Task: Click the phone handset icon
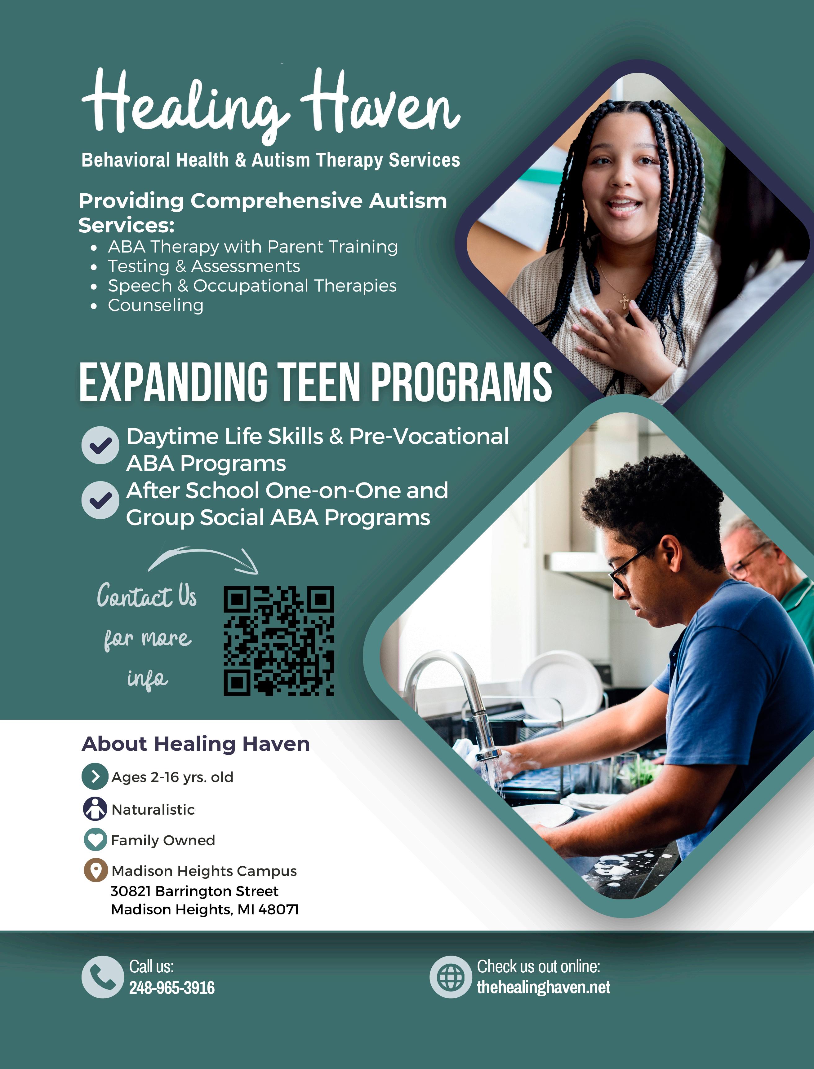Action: click(102, 977)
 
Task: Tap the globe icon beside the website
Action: click(451, 977)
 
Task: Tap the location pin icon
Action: click(96, 870)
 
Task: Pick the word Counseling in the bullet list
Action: click(156, 306)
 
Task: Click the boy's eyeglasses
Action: click(625, 571)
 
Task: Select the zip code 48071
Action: click(278, 910)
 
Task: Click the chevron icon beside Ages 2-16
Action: click(95, 776)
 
